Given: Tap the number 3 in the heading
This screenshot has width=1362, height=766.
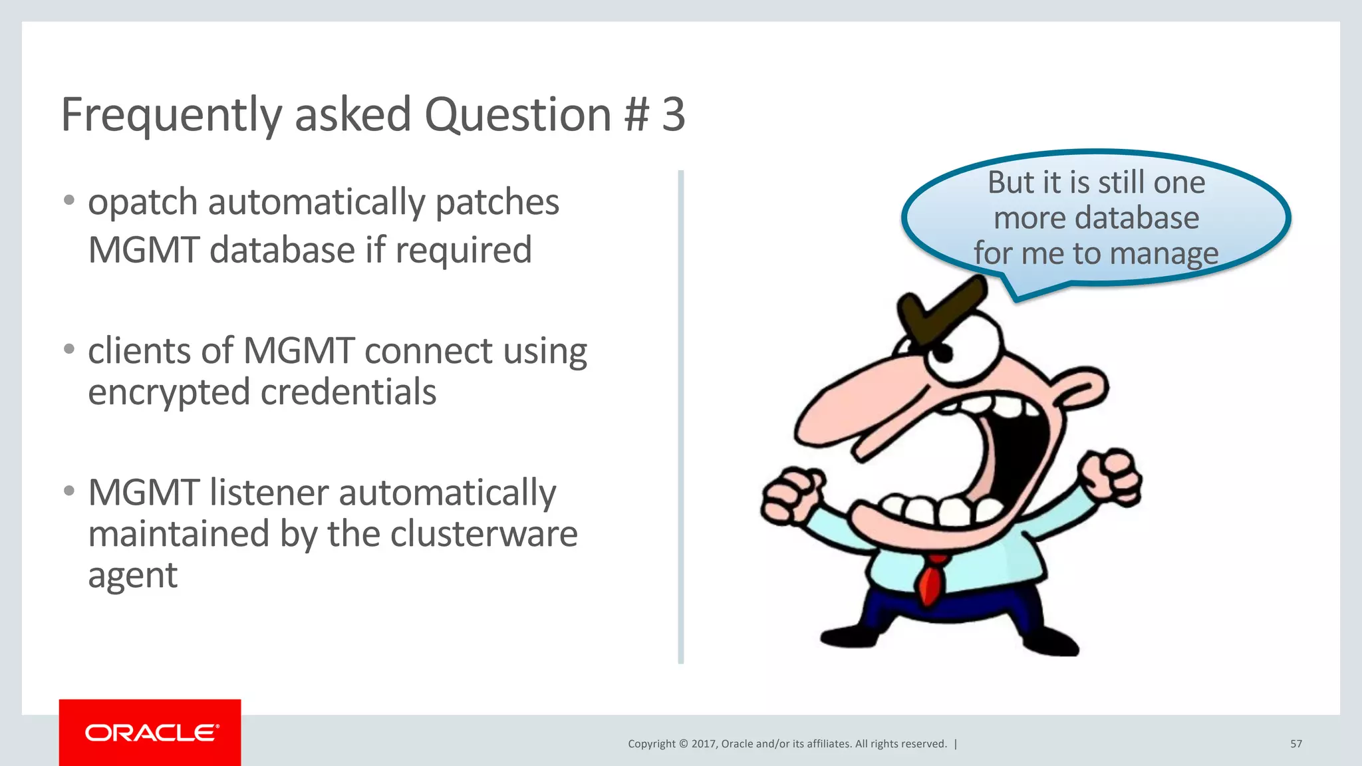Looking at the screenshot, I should pyautogui.click(x=673, y=114).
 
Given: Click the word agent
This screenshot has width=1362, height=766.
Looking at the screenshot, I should pyautogui.click(x=133, y=576).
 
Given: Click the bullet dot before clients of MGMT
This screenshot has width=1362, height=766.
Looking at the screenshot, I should pyautogui.click(x=69, y=349).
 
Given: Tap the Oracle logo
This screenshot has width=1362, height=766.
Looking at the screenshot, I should pyautogui.click(x=150, y=733).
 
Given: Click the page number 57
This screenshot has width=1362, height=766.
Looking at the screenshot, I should pyautogui.click(x=1295, y=744).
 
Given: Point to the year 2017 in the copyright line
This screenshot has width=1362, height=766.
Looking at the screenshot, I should pyautogui.click(x=703, y=744).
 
